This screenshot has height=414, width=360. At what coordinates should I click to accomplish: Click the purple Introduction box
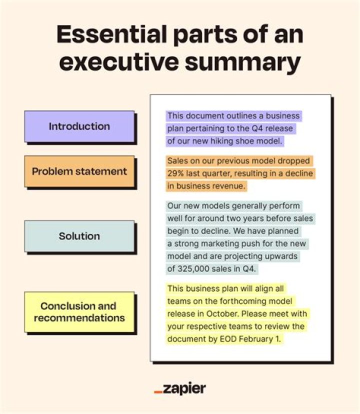click(x=79, y=126)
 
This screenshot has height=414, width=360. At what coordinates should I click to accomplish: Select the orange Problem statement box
click(x=79, y=171)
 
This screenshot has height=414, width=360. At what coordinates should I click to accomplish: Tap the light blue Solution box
click(x=79, y=236)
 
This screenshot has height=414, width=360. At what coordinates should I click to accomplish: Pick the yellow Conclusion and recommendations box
click(x=79, y=312)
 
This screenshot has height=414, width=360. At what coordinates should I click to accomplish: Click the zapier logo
click(x=180, y=388)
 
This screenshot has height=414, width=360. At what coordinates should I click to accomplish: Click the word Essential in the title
click(x=111, y=34)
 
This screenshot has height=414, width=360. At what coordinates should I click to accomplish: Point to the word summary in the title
click(x=242, y=63)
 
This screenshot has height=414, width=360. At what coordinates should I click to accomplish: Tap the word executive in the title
click(x=119, y=62)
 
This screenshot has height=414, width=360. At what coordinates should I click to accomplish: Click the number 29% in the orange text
click(x=175, y=173)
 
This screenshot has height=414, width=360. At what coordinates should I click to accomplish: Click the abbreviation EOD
click(x=228, y=339)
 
